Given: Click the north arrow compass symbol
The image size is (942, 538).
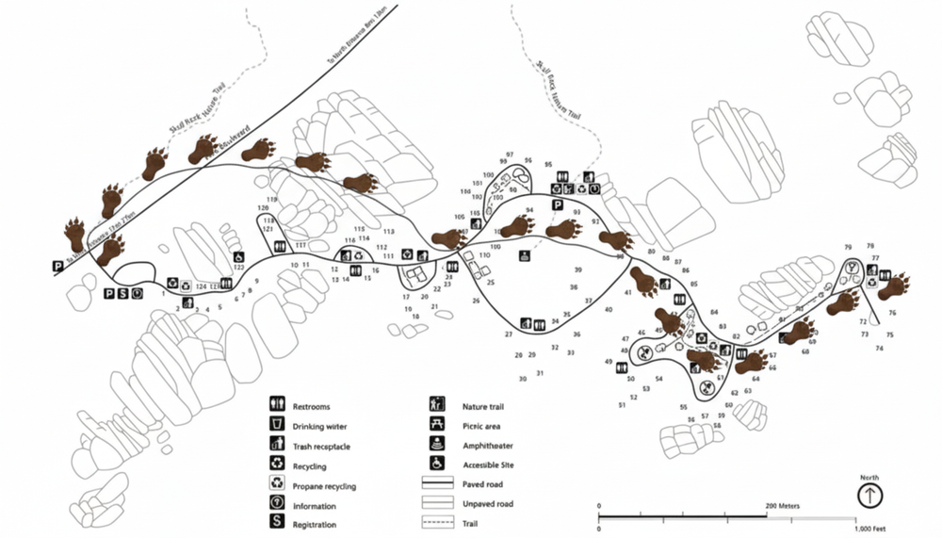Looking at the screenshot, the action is coord(869,495).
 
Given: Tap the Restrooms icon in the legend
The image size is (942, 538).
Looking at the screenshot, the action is coord(277,406).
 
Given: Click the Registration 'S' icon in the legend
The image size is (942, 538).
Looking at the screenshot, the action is coord(277,523).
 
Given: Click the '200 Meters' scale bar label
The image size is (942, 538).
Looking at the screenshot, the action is coord(783,506).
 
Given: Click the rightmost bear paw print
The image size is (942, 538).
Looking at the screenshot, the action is coord(894,285).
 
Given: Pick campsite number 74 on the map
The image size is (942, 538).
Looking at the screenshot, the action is coord(880,349).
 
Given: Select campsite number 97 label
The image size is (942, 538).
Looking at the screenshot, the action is coord(509,154).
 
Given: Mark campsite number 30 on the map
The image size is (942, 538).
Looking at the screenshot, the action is coord(523,379).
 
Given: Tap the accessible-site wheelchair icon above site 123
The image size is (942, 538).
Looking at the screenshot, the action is coord(238,256).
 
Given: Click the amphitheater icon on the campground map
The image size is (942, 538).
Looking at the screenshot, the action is coord(524,254).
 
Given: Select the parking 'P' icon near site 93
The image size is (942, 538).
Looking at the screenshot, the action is coord(557,204).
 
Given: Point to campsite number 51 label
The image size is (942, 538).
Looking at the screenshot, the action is coord(622,405).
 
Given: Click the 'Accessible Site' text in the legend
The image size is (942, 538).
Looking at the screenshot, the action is coord(488,464).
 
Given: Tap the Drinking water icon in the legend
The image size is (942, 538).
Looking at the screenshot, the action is coord(277,425).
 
